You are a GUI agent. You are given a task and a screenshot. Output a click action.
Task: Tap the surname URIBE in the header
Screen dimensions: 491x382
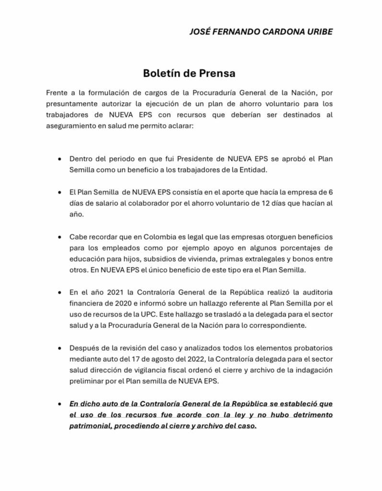[316, 31]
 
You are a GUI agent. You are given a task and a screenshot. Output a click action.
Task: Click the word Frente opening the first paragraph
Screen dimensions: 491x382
[58, 92]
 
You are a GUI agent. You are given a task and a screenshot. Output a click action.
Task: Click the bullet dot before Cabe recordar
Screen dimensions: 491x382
[59, 238]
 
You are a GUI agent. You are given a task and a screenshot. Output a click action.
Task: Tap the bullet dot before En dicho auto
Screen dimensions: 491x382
[59, 404]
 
